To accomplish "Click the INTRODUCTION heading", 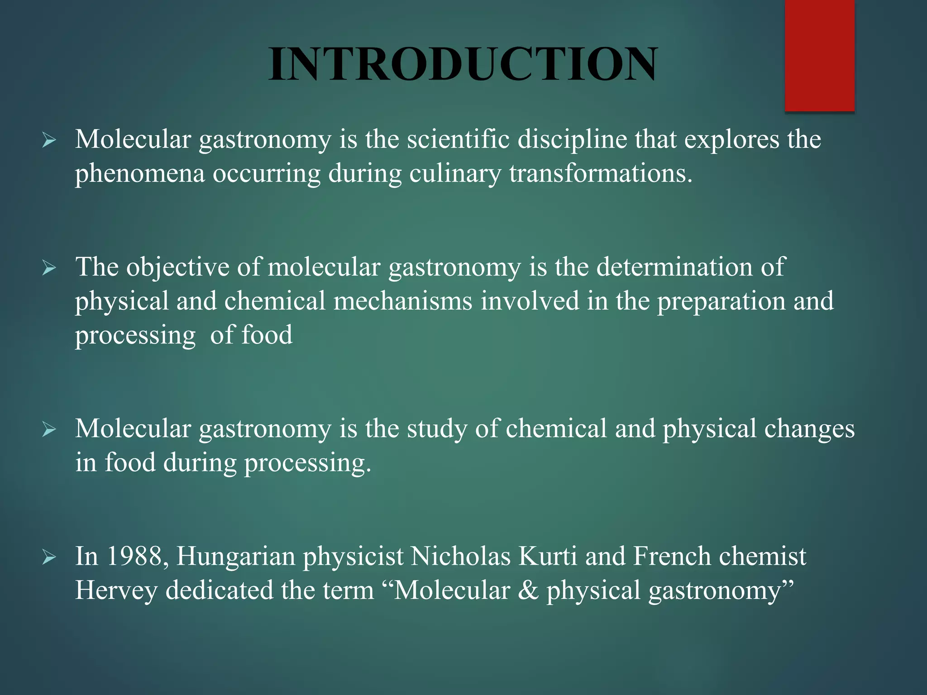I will pos(463,64).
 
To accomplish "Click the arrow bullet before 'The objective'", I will pos(49,268).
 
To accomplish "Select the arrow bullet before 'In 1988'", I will pos(49,557).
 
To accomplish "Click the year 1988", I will pos(134,556).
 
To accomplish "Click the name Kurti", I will pos(548,556).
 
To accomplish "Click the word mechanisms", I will pos(403,301).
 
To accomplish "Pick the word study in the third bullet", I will pos(437,429).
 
